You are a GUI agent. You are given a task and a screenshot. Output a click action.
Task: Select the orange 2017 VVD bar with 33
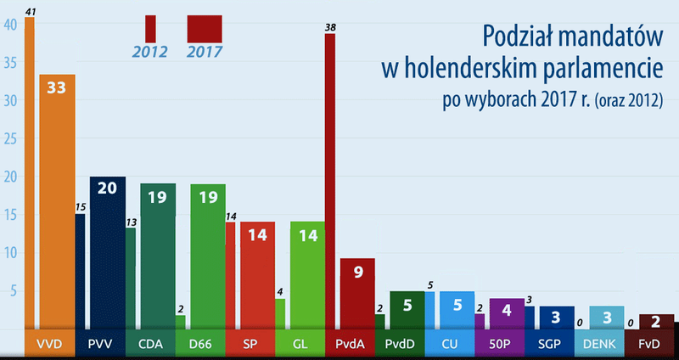(x=57, y=204)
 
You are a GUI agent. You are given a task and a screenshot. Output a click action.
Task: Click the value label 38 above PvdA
(x=330, y=28)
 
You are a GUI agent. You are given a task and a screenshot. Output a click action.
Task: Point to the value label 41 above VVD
(x=30, y=11)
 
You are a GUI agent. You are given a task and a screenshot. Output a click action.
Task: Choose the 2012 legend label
(x=150, y=52)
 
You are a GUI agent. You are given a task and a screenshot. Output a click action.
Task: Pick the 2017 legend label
(x=205, y=52)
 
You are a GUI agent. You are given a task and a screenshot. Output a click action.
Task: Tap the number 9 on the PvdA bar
(x=357, y=273)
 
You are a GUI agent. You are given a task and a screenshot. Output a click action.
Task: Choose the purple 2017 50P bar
(x=506, y=313)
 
